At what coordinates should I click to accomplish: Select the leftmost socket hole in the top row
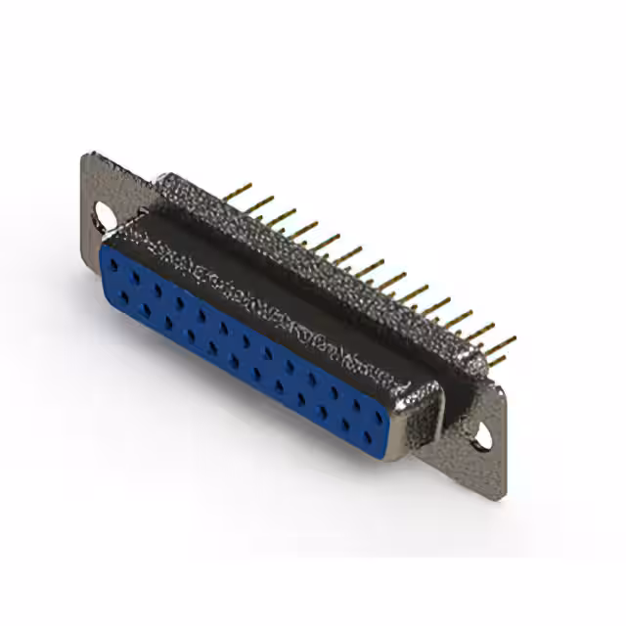pos(115,267)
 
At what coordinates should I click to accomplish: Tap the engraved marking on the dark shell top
pos(293,303)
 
